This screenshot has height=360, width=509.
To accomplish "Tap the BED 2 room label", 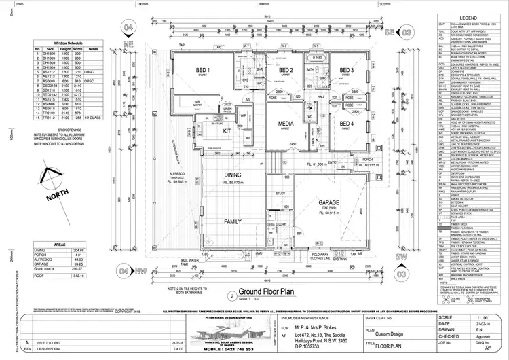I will [286, 71].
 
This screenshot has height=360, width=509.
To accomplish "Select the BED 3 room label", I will [347, 71].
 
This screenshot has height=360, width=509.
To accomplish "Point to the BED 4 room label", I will [347, 124].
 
